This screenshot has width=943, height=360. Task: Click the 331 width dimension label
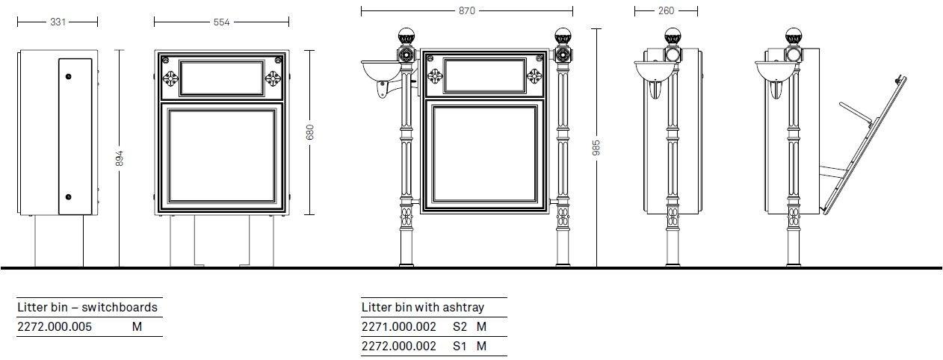click(58, 22)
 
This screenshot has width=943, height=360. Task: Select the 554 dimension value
click(221, 22)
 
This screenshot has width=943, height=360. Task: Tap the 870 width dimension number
click(467, 11)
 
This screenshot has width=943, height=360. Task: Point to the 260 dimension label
click(666, 11)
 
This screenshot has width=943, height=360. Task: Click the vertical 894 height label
click(120, 158)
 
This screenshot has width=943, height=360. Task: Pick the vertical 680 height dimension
click(310, 132)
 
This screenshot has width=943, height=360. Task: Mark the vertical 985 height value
click(596, 148)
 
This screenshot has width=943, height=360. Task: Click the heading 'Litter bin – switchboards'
click(87, 308)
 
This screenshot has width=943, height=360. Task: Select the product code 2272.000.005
click(55, 327)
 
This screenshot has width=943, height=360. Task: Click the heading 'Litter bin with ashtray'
click(423, 308)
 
